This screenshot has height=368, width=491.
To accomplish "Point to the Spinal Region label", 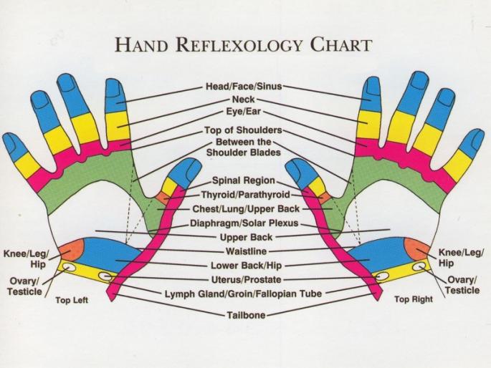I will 245,181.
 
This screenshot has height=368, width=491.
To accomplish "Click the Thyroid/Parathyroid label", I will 245,195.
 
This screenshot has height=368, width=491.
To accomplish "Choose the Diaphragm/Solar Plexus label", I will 245,223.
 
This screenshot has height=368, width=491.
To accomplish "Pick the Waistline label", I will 245,251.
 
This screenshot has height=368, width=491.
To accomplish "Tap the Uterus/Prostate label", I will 245,279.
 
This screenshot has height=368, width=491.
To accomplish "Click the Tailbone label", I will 245,315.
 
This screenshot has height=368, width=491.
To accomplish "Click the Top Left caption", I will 72,300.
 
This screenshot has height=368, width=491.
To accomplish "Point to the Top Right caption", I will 414,299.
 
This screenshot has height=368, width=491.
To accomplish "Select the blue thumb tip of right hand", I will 299,169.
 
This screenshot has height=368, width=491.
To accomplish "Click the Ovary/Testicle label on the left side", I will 26,286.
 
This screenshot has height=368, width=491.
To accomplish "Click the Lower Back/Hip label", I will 245,265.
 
